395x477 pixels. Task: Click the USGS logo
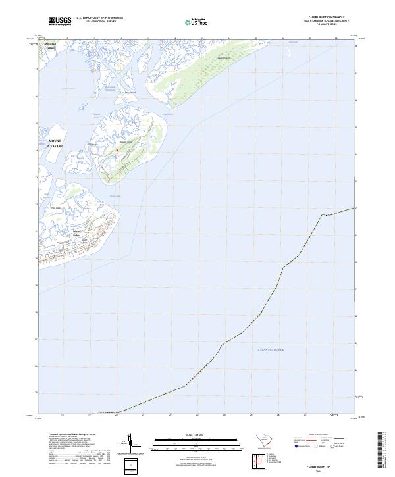[61, 21]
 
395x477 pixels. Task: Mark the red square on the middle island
[118, 150]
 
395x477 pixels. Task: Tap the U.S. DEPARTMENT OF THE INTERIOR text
[99, 18]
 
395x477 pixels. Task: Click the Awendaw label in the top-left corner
[50, 45]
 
